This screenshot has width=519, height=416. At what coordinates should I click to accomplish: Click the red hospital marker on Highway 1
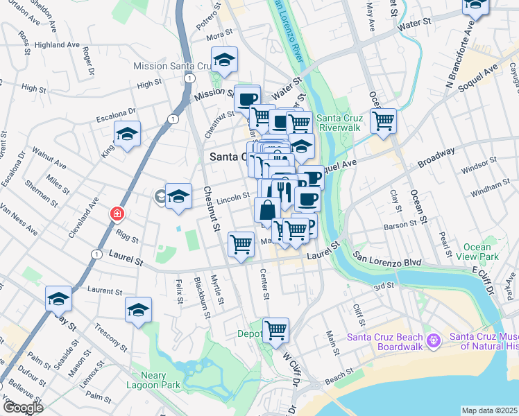(114, 214)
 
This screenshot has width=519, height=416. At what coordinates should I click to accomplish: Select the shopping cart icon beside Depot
(275, 330)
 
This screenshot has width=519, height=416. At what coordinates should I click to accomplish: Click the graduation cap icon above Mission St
(224, 60)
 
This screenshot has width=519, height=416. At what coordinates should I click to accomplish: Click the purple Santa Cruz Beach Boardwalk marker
(434, 340)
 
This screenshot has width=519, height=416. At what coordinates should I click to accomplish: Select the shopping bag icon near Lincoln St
(267, 209)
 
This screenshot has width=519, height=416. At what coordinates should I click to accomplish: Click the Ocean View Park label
(477, 252)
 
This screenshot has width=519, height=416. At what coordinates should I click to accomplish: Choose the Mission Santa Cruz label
(169, 67)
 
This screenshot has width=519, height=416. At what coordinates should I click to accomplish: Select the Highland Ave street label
(54, 44)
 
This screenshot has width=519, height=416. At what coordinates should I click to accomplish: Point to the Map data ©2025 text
(489, 410)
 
